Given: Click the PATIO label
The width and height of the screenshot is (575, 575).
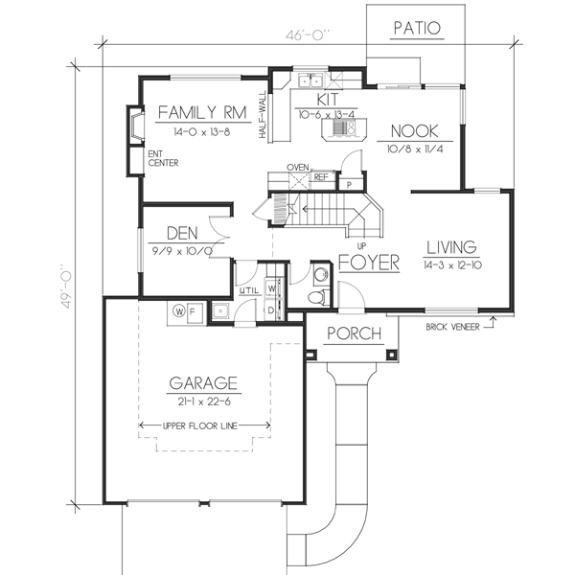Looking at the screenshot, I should [417, 28].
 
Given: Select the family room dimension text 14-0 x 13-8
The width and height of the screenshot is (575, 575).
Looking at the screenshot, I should [202, 130].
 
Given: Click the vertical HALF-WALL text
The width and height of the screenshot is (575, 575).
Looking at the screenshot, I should [262, 121].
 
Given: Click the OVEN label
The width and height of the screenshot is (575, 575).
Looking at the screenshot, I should [297, 167].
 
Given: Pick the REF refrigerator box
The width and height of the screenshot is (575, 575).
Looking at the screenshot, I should [320, 177].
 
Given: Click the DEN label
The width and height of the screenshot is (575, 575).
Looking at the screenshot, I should [182, 232].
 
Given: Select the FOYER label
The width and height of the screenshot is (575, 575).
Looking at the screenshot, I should [368, 262].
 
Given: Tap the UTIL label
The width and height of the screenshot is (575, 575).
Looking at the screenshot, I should [248, 288].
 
